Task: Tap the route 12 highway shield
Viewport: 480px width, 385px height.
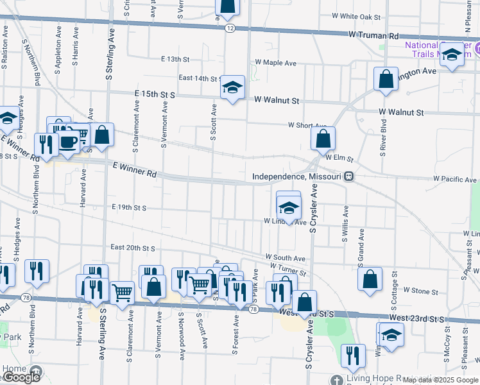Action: [x=230, y=28]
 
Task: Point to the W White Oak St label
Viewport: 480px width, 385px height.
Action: [x=356, y=16]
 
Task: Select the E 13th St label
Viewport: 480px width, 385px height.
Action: [x=176, y=59]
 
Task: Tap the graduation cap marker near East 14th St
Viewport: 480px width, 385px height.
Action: [x=232, y=88]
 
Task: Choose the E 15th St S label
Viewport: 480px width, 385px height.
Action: [x=155, y=94]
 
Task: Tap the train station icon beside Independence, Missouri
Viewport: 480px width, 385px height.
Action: [x=348, y=176]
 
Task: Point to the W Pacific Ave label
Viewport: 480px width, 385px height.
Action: [x=454, y=180]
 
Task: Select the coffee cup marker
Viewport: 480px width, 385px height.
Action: [x=68, y=141]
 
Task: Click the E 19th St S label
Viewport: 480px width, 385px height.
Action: [x=129, y=208]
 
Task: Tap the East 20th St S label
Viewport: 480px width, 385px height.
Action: [x=133, y=247]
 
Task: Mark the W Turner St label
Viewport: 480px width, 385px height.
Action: [x=288, y=268]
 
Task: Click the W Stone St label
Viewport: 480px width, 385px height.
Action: [x=420, y=291]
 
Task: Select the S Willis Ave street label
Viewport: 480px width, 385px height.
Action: [x=345, y=224]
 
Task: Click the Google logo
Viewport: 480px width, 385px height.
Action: [x=22, y=377]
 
